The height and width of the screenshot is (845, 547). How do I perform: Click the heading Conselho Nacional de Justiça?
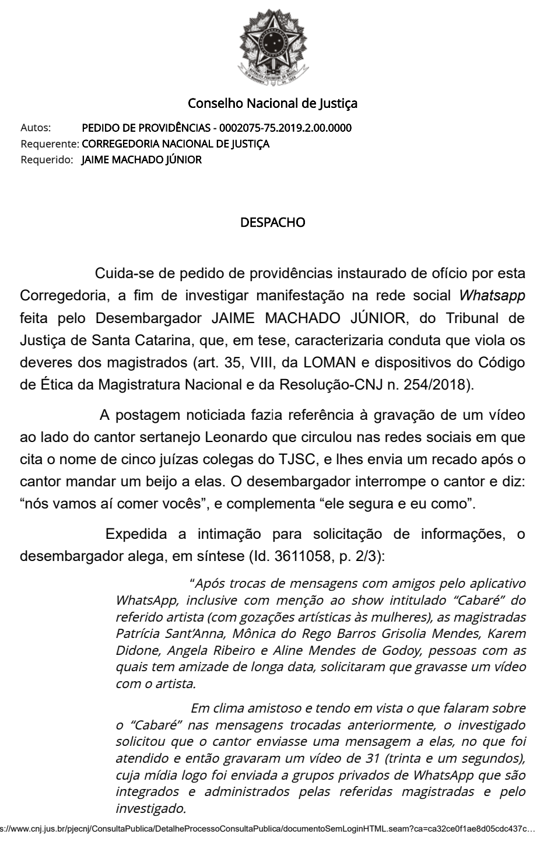click(272, 104)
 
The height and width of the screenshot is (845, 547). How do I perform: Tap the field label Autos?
click(36, 128)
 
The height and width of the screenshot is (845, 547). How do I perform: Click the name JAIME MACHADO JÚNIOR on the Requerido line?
click(142, 159)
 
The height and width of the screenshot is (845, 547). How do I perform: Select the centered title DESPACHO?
click(272, 223)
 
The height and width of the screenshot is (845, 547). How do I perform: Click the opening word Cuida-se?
click(120, 273)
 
